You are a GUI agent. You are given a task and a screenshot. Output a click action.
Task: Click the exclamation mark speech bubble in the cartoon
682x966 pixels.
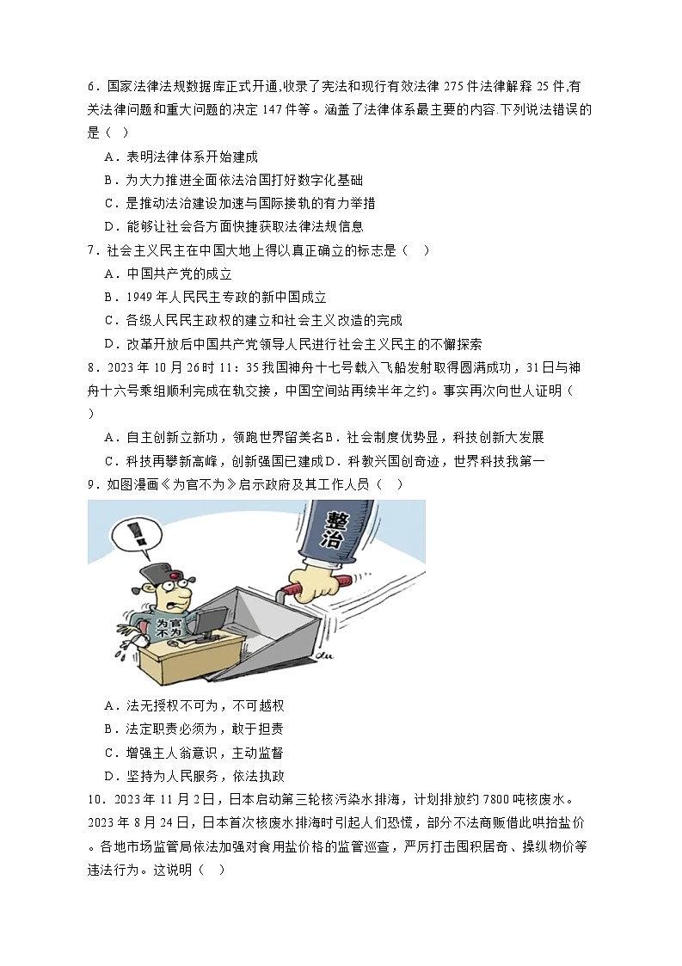click(128, 533)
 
